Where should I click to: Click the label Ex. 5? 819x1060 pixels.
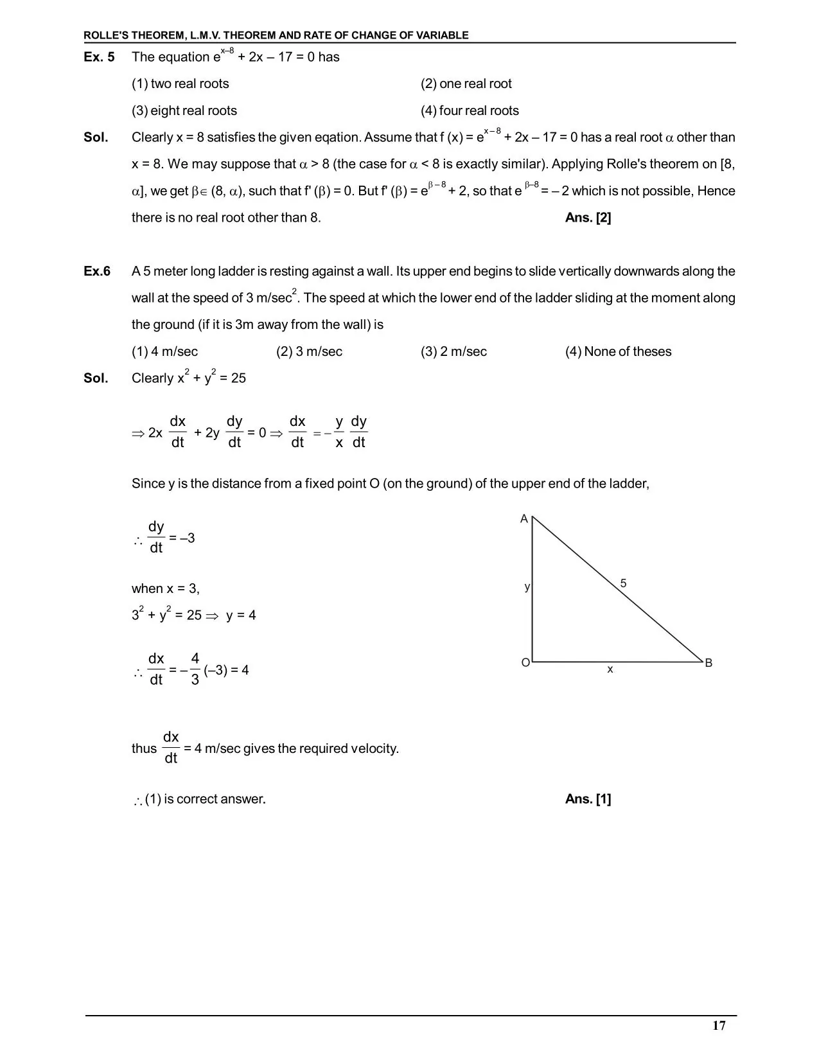pos(99,57)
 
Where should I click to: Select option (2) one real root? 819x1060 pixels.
pos(466,84)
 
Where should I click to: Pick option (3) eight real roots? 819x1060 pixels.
pos(184,111)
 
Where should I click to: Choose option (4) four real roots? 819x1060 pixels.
pos(469,111)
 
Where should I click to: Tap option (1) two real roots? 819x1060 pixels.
pos(180,84)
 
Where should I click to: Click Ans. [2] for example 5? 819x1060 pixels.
pos(588,218)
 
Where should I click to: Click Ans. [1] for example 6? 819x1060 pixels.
pos(588,799)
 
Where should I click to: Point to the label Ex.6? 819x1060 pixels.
pos(97,271)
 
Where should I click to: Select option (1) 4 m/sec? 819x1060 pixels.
pos(164,352)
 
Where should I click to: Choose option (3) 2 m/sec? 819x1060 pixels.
pos(454,352)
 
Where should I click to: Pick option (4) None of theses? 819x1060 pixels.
pos(618,352)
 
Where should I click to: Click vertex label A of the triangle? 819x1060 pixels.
pos(524,519)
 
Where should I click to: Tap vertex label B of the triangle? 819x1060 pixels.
pos(709,663)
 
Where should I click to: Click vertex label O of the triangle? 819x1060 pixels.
pos(525,663)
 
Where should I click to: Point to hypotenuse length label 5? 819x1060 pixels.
pos(623,583)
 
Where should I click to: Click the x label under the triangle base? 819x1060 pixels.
pos(610,669)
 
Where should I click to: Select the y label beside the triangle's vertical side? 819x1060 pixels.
pos(527,587)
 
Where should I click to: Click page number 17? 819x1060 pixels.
pos(719,1026)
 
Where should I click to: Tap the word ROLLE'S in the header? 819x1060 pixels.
pos(107,35)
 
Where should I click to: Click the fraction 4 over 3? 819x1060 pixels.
pos(195,669)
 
